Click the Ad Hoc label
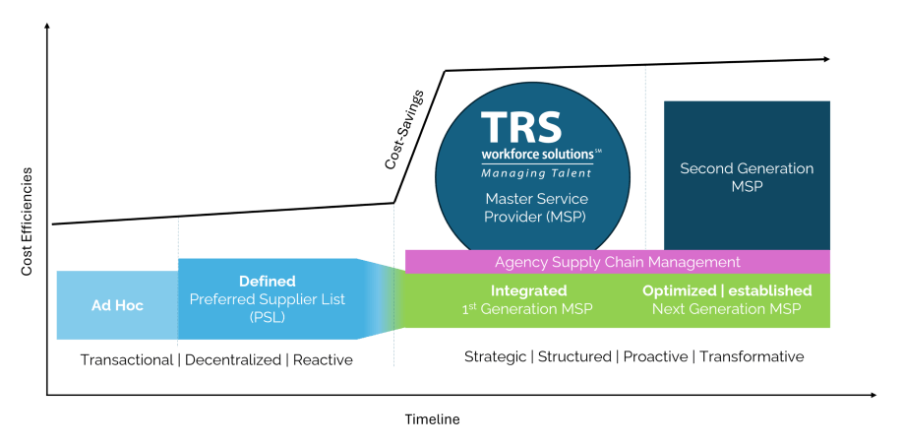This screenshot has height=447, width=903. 117,306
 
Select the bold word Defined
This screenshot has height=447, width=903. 268,282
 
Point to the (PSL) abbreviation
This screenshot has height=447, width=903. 267,318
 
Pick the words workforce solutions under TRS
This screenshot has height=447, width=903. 536,156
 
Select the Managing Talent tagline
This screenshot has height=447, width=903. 536,174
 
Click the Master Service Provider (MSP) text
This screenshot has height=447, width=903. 536,208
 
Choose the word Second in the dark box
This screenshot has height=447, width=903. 705,168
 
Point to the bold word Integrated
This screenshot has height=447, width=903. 528,290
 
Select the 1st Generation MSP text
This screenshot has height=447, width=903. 529,309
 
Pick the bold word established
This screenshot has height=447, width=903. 772,290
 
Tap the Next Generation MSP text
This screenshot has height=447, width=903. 726,309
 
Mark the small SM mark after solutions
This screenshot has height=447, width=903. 598,152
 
